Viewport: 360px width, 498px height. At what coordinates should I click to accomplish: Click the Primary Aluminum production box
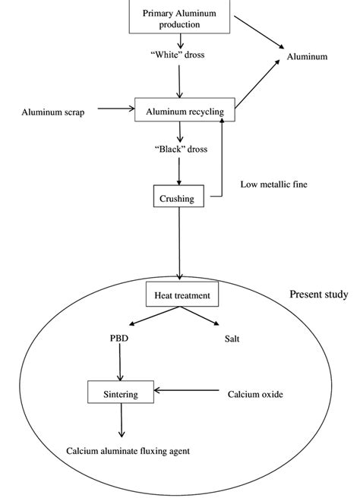coord(179,17)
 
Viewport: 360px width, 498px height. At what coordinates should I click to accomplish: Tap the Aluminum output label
coord(307,57)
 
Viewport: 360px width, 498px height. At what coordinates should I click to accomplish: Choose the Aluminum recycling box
coord(179,112)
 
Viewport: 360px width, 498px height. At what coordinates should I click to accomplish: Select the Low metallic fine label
coord(275,184)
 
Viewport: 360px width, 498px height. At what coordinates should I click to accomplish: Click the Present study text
coord(319,295)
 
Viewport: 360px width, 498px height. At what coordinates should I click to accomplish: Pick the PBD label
coord(118,339)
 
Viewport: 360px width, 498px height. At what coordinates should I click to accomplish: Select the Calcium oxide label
coord(254,394)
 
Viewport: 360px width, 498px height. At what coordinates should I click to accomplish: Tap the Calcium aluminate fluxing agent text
coord(128,450)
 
